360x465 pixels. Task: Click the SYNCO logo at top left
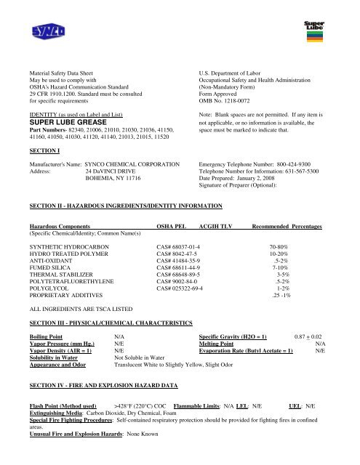click(49, 31)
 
